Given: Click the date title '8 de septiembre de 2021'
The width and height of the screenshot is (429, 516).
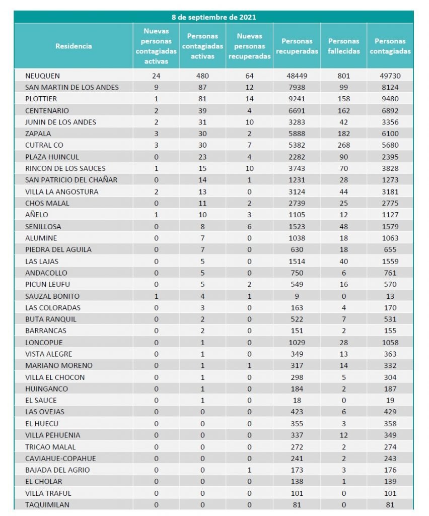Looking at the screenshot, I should (213, 17).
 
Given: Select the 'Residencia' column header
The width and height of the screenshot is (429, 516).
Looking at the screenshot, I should (74, 46).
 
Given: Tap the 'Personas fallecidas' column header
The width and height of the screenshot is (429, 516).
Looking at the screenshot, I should (343, 46).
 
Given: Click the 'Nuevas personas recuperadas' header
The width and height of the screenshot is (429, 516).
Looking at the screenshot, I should (250, 46).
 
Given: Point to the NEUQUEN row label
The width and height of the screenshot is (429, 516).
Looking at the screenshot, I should (43, 76).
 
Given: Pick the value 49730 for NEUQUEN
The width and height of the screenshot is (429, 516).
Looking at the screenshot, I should (390, 76).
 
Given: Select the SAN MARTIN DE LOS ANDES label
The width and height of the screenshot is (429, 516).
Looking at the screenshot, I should (72, 88).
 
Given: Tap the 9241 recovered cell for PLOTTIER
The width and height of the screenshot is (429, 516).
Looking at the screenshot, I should (297, 99).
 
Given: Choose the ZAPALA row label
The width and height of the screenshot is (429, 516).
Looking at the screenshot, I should (38, 134).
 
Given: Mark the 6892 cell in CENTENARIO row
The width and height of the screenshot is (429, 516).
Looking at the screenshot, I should (390, 111).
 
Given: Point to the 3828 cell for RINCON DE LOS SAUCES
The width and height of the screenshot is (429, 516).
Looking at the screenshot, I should (390, 169).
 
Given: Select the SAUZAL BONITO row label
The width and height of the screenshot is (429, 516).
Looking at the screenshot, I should (52, 296).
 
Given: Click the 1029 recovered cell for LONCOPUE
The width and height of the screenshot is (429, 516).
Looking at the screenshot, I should (297, 343).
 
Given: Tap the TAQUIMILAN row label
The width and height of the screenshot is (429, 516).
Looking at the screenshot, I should (47, 504).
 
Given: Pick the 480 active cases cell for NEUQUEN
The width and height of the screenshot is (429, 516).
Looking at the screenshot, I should (202, 76).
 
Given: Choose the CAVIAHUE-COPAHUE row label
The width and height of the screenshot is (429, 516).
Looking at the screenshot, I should (60, 459).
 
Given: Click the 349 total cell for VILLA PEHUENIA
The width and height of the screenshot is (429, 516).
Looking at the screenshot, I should (390, 435).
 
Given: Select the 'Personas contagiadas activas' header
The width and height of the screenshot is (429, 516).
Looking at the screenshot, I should (202, 46).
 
